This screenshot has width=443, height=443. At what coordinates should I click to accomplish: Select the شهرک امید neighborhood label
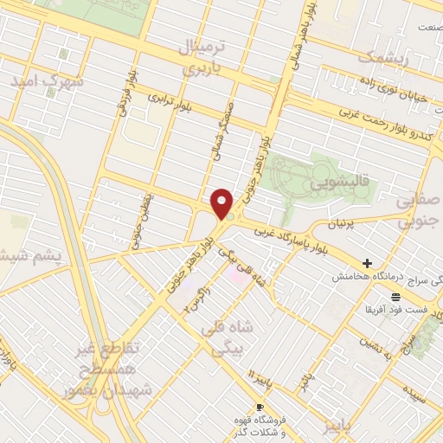pyautogui.click(x=48, y=80)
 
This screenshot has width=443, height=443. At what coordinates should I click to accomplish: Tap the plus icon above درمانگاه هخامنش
pyautogui.click(x=367, y=263)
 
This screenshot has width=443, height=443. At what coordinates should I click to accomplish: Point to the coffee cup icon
pyautogui.click(x=259, y=408)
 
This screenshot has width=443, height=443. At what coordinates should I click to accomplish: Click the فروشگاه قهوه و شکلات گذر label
pyautogui.click(x=260, y=424)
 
